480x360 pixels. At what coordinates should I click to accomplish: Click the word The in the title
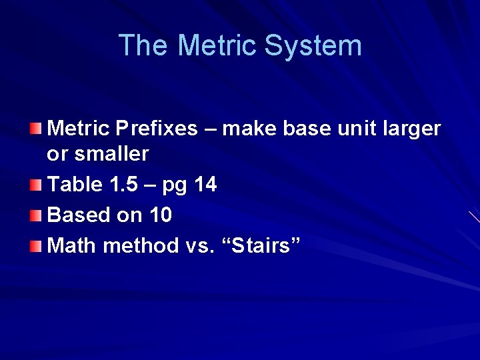coord(143,46)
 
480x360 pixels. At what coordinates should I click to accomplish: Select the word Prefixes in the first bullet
coord(157,128)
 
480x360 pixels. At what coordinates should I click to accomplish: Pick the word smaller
coord(110,154)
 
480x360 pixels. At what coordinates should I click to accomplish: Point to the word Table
coord(75,185)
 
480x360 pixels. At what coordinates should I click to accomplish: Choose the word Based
coord(77,215)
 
